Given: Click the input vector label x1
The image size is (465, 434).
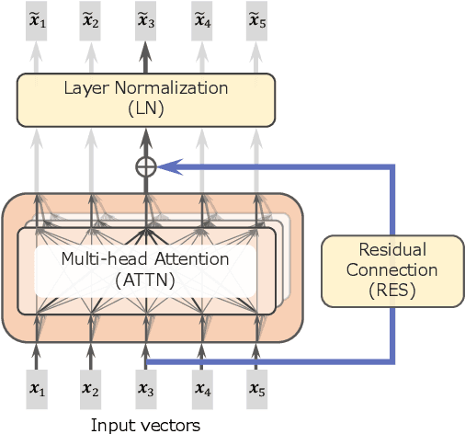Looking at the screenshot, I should click(37, 391).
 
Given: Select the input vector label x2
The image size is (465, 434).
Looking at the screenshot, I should click(91, 391).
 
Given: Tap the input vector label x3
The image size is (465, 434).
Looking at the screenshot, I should click(145, 391).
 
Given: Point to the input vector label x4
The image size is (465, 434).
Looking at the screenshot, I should click(202, 391).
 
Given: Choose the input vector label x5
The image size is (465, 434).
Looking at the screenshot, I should click(256, 391).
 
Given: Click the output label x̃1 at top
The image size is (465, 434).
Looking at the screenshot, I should click(37, 20).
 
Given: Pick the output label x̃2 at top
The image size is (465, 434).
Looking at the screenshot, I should click(91, 20).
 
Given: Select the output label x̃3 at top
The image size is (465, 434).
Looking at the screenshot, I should click(145, 20).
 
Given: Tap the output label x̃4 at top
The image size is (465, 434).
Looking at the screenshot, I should click(202, 20).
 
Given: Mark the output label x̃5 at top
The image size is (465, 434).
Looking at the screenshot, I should click(256, 20).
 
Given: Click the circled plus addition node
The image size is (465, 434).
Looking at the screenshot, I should click(145, 166).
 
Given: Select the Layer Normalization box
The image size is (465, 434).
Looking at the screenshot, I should click(145, 99).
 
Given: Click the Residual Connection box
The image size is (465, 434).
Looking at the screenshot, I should click(391, 270).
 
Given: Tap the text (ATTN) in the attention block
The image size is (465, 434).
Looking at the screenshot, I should click(145, 279).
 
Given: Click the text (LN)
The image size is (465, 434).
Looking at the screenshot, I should click(145, 108).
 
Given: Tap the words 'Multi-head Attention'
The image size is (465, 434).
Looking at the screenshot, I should click(145, 259).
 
